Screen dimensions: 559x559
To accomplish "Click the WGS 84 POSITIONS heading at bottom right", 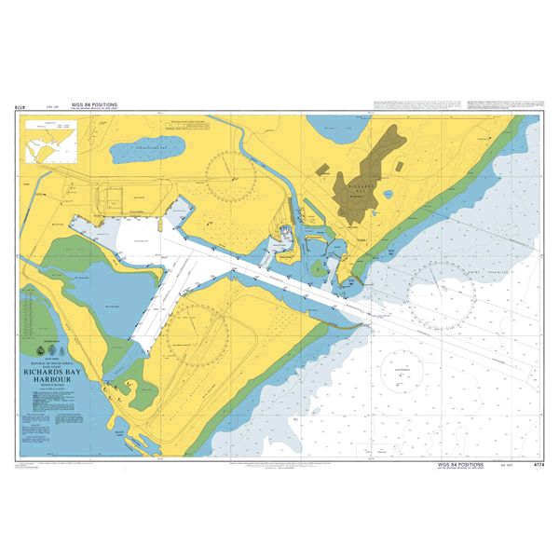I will pos(458,460).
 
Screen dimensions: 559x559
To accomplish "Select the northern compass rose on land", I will pos(230,172).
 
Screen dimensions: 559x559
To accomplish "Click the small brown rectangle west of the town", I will pos(322,170).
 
